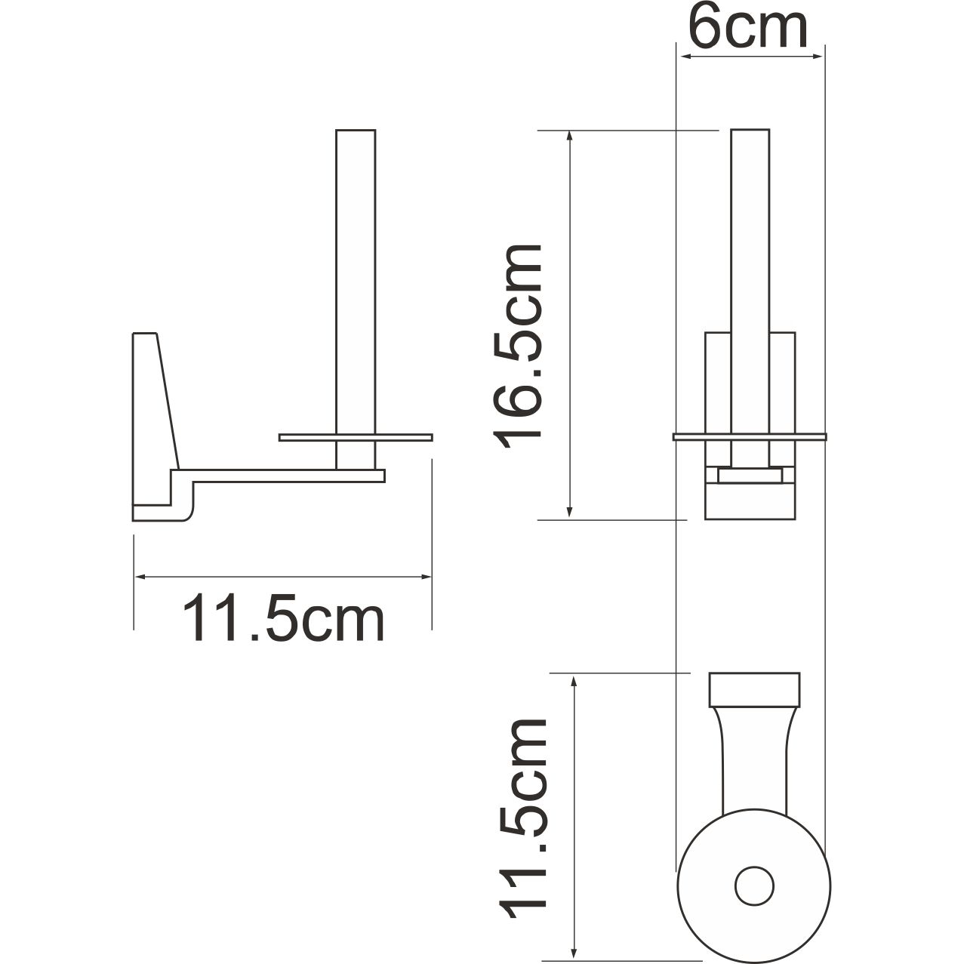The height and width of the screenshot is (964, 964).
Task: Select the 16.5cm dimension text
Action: pos(518,346)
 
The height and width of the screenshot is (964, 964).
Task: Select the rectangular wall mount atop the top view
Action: pos(753,688)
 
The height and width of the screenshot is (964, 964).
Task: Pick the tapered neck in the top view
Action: pos(753,755)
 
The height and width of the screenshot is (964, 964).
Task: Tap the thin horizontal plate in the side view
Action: pos(355,437)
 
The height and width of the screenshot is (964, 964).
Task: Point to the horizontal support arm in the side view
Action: pos(287,475)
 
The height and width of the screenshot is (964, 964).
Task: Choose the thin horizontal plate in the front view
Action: pos(750,436)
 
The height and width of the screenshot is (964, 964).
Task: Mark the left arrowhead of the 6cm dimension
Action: pos(683,56)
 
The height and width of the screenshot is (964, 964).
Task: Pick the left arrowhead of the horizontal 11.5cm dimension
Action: pos(141,577)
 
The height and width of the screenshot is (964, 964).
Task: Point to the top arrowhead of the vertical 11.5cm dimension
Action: pos(575,682)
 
